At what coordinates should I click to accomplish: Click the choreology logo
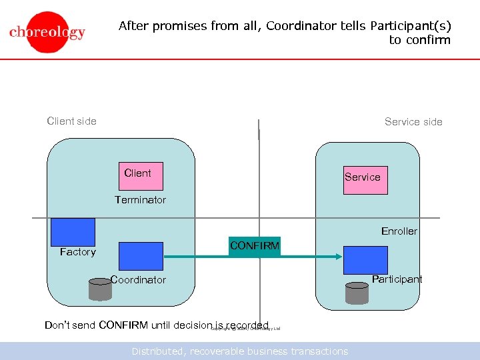pos(47,32)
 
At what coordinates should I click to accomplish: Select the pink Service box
pos(365,179)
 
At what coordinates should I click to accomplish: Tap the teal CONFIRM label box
pos(254,247)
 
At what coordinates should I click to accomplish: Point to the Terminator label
pos(140,200)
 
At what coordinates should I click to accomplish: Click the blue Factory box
pos(73,232)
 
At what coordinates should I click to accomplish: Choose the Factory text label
pos(77,252)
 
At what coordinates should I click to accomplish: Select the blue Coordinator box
pos(141,256)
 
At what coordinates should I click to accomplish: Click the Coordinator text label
pos(138,280)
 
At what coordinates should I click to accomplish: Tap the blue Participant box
pos(365,260)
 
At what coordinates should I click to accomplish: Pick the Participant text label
pos(397,279)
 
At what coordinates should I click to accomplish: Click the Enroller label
pos(399,231)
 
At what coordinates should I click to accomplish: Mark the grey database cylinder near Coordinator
pos(100,289)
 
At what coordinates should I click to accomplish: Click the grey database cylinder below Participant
pos(357,293)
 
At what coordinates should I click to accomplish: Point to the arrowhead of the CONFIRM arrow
pos(338,257)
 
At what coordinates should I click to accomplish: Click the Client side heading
pos(71,121)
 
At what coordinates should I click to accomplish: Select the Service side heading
pos(413,122)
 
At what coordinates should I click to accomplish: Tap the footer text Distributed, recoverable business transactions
pos(239,351)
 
